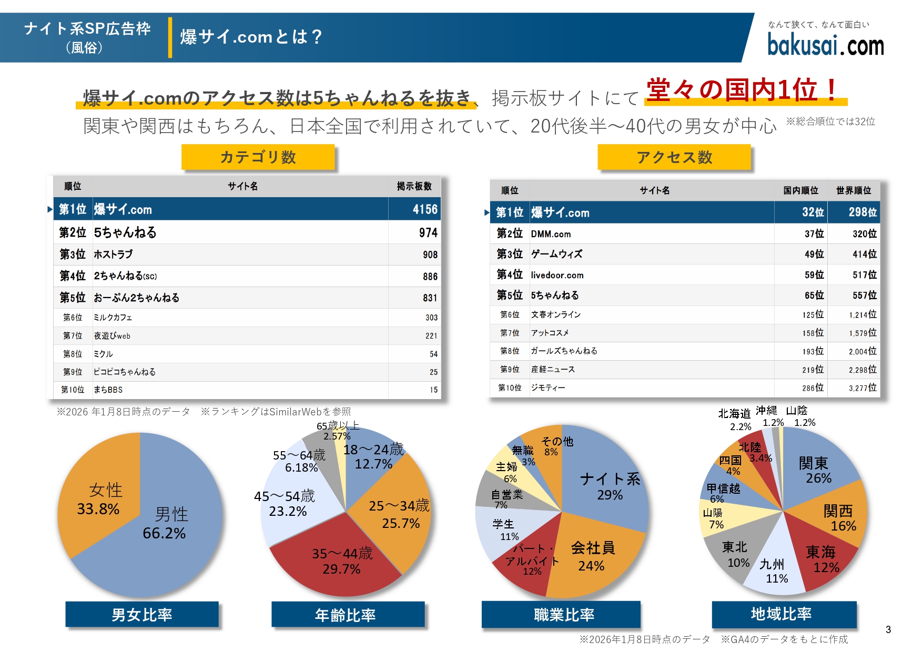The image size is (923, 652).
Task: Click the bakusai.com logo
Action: [x=825, y=44]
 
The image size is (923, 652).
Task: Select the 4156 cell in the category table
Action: [x=424, y=209]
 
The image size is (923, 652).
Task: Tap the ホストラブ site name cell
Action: [x=113, y=254]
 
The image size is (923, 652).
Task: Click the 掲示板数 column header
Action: [x=414, y=186]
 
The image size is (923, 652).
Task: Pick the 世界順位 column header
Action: [x=853, y=190]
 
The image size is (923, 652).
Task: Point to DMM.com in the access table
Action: [x=551, y=234]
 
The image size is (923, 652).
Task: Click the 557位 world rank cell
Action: [x=864, y=296]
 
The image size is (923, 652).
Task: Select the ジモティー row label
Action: [x=548, y=388]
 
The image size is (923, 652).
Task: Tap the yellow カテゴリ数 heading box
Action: [x=258, y=157]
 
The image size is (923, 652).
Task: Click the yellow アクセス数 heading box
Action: [x=674, y=157]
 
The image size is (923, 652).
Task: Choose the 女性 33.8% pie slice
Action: [x=100, y=500]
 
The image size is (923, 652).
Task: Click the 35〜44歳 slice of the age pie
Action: [x=342, y=560]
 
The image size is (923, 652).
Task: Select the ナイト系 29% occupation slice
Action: [x=607, y=486]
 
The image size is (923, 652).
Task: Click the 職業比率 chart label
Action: [x=563, y=614]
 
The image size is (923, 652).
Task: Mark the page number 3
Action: [x=888, y=629]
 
